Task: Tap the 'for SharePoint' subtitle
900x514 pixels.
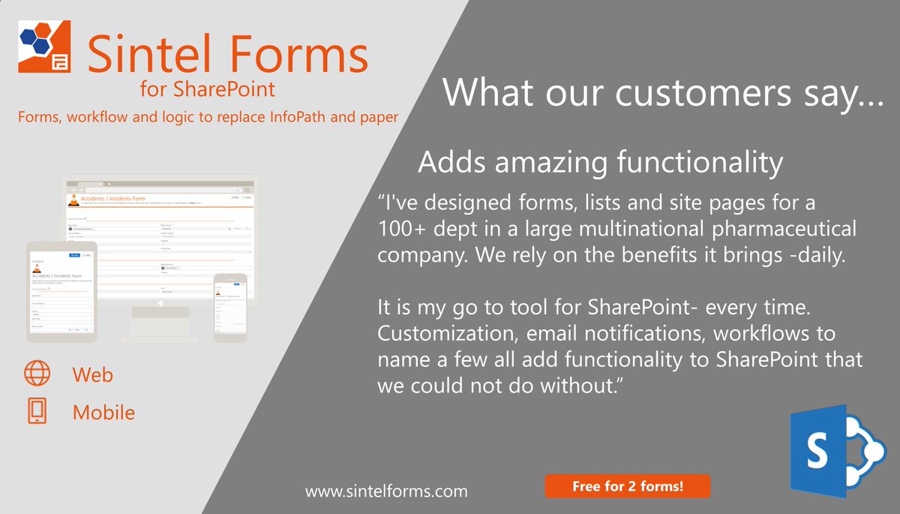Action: click(208, 90)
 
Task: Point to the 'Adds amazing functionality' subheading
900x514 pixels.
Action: click(600, 162)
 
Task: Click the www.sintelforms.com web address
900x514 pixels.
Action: click(386, 491)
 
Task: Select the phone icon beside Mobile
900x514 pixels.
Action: click(37, 411)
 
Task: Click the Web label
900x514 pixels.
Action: click(93, 374)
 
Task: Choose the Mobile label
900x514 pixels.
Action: click(103, 412)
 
